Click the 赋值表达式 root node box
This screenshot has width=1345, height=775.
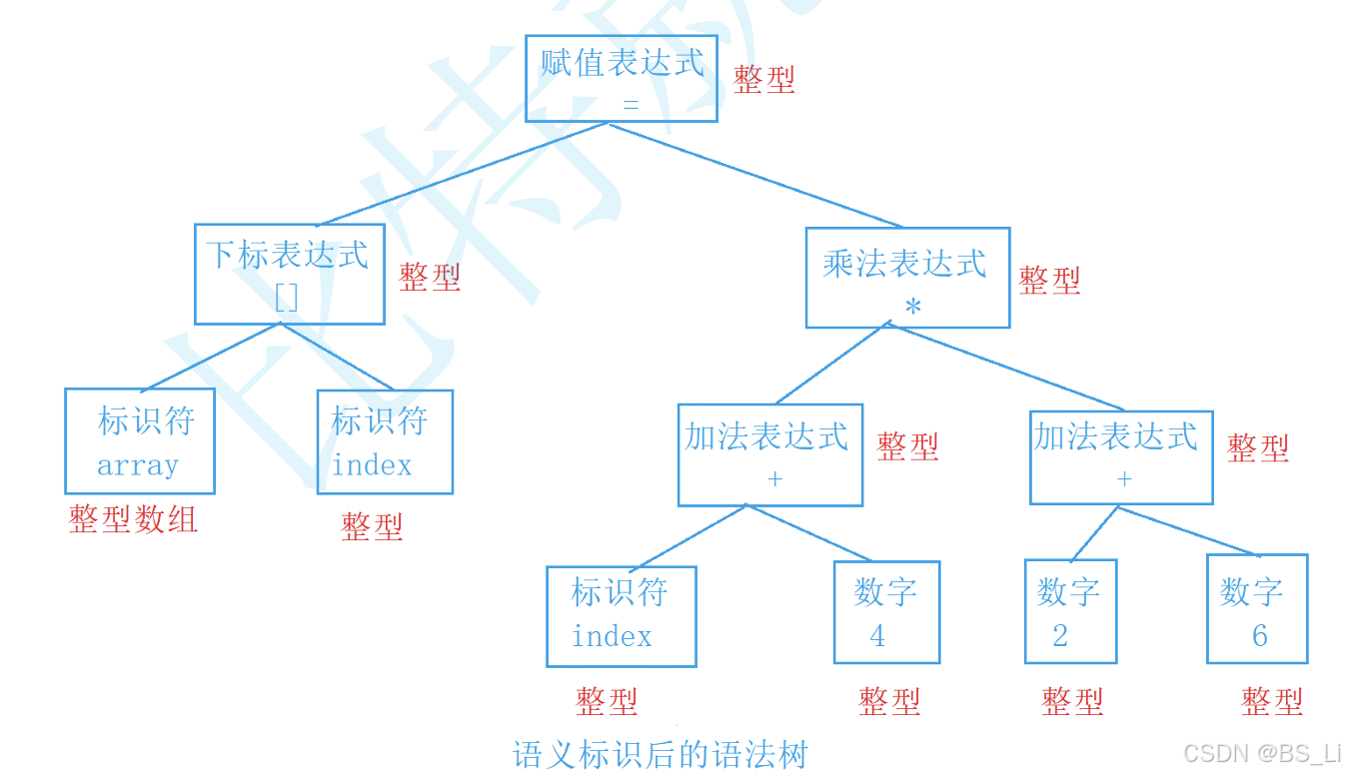[x=622, y=79]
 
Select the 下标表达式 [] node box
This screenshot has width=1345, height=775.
[x=289, y=274]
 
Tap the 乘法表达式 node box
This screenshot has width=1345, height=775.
[x=907, y=278]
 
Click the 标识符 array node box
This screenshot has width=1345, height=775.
[x=140, y=441]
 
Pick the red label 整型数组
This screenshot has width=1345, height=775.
[x=133, y=519]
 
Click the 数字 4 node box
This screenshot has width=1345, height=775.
[x=886, y=612]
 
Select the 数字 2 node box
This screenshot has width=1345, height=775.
[x=1070, y=611]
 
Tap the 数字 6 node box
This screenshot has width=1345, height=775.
[x=1256, y=609]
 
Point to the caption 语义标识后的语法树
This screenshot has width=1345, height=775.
[x=660, y=754]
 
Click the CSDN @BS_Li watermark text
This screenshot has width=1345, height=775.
[x=1261, y=753]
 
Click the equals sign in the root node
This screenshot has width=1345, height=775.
[x=631, y=104]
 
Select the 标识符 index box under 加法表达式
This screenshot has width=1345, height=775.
[x=621, y=616]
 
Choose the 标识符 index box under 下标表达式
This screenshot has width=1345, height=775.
[x=385, y=441]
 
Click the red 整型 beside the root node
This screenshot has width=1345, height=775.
[x=764, y=80]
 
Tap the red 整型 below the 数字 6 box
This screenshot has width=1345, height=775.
[x=1272, y=702]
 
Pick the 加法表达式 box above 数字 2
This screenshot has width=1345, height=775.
[x=1121, y=457]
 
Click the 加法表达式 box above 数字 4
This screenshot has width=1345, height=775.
[x=769, y=455]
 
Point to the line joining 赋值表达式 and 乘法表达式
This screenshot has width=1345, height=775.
[x=756, y=175]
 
